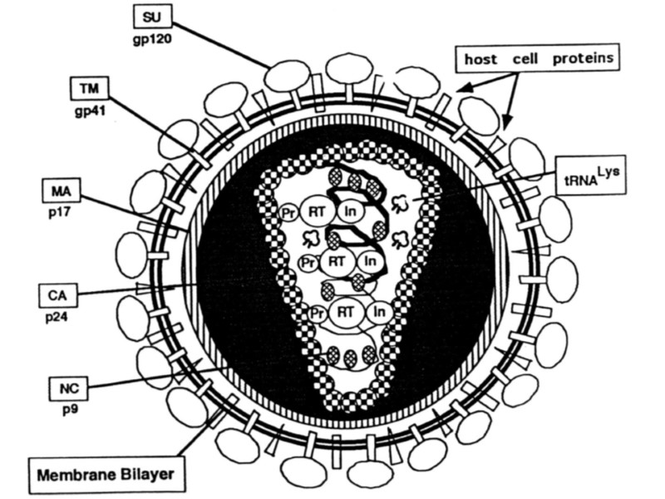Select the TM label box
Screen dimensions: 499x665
[88, 86]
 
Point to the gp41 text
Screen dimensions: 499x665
[86, 109]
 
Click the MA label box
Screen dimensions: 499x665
[60, 194]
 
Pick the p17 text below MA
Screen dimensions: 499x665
[60, 215]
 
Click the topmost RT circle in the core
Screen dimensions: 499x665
[317, 210]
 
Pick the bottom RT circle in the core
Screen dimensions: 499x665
[344, 314]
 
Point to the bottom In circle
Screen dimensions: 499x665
[378, 313]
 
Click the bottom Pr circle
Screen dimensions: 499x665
[317, 315]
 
